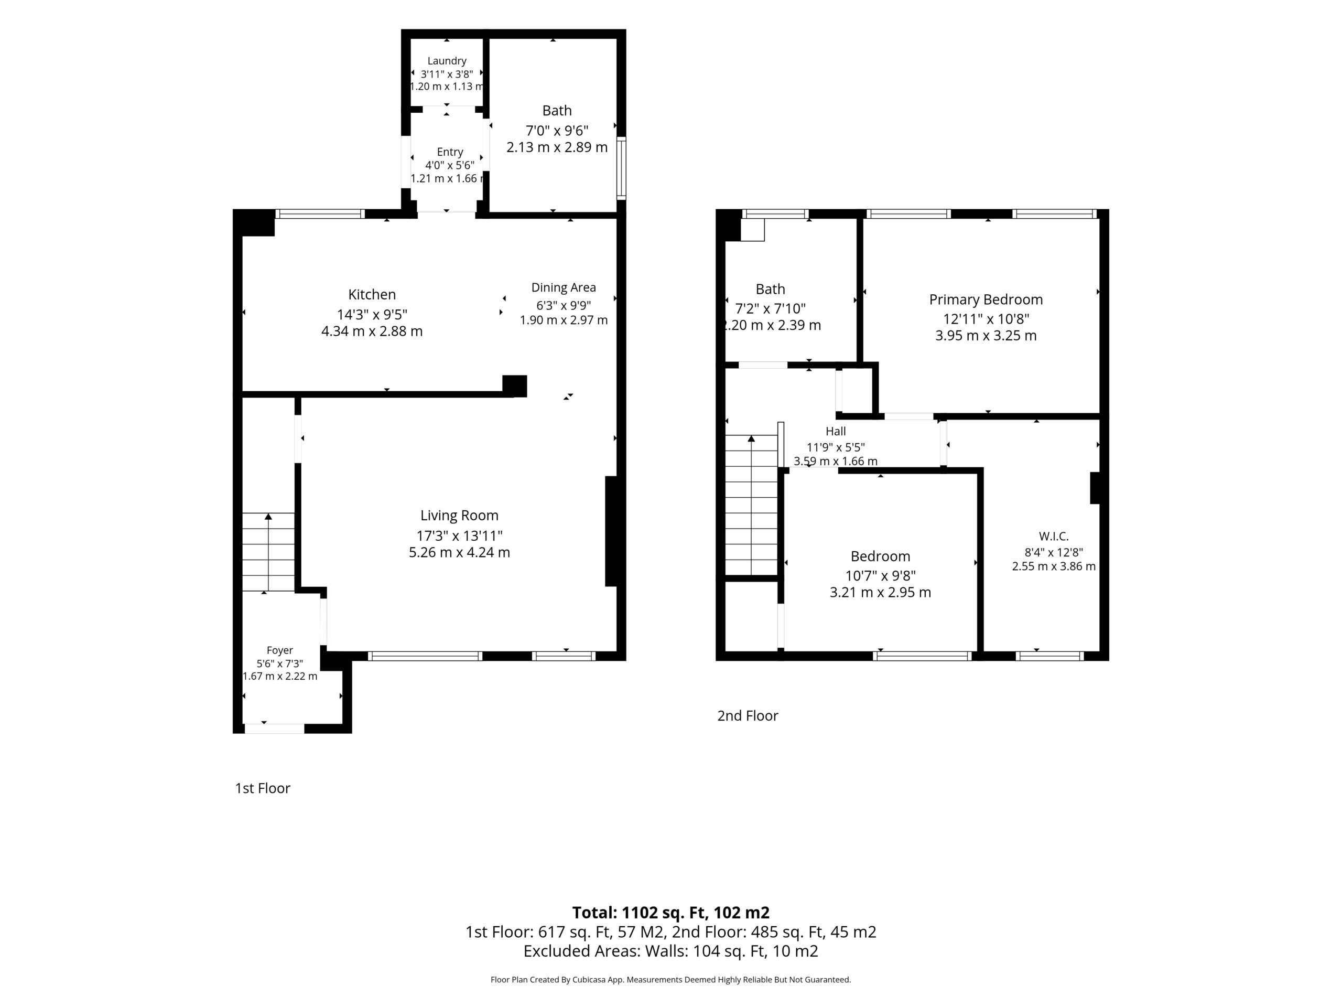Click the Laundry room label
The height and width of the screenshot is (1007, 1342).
pos(447,61)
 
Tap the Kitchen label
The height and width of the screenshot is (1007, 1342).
pos(372,294)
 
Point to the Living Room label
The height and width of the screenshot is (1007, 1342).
pos(459,516)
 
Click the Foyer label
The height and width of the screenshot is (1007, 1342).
pos(280,650)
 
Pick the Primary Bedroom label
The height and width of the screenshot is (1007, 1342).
pos(986,299)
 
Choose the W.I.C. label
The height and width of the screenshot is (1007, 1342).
pos(1054,536)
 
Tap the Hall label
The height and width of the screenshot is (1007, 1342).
pos(836,431)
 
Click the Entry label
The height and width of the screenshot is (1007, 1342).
pos(450,152)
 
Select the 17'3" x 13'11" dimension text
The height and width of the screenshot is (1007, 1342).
pos(459,535)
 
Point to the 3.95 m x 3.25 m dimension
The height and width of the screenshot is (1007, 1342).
pos(986,336)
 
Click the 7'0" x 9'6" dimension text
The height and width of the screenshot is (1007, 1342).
pos(557,131)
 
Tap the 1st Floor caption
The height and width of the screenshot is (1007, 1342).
pos(263,788)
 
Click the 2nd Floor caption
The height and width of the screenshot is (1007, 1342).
pos(748,715)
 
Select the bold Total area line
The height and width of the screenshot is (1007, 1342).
pos(671,912)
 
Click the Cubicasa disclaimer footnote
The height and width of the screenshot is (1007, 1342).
pos(671,979)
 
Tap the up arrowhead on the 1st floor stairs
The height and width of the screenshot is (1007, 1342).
pos(268,517)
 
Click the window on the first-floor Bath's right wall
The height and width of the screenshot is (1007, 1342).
pos(621,168)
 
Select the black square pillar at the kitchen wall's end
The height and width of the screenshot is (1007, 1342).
pos(514,386)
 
